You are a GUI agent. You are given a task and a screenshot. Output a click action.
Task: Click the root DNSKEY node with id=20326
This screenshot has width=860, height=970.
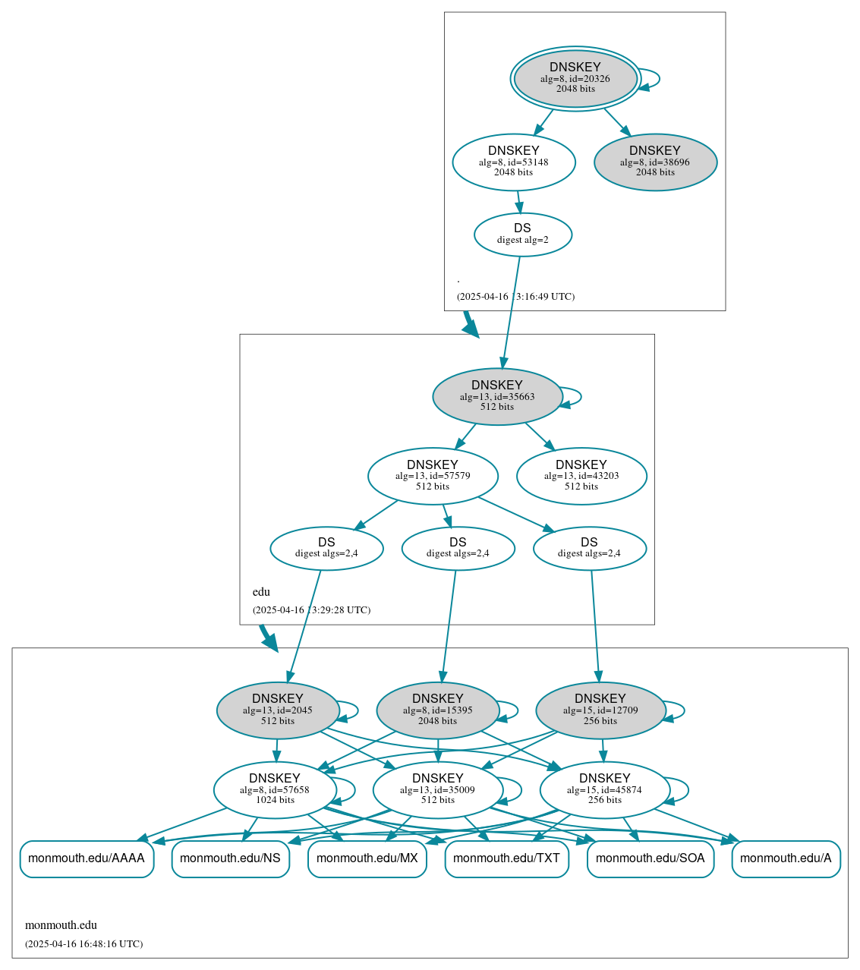[x=575, y=78]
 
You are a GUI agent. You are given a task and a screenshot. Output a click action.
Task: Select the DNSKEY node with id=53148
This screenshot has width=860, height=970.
[x=514, y=162]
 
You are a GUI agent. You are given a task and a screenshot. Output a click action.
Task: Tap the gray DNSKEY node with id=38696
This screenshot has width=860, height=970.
[x=655, y=162]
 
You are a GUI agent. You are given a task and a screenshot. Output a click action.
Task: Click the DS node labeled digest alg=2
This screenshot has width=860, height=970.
[x=523, y=234]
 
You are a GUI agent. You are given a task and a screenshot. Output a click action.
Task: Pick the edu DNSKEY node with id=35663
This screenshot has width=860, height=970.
[x=497, y=396]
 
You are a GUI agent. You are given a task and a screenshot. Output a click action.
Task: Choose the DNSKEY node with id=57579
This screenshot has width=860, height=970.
[x=433, y=476]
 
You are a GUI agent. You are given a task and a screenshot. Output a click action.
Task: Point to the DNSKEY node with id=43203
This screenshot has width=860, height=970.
[x=581, y=476]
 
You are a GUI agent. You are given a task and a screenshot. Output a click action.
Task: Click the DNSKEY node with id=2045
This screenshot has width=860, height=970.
[x=278, y=710]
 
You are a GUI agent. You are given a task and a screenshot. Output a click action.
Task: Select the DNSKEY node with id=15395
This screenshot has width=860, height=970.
[x=438, y=710]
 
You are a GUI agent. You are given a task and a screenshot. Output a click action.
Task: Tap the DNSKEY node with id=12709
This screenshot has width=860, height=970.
[x=600, y=710]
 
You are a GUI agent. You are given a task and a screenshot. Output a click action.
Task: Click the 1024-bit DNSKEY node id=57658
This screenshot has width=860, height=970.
[x=275, y=789]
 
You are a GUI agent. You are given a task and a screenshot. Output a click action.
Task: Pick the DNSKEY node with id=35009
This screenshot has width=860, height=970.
[x=438, y=789]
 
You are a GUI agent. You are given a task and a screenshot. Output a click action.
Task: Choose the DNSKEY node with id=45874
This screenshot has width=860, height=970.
[x=605, y=789]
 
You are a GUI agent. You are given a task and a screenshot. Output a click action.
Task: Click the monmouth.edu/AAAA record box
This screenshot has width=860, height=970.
[x=87, y=858]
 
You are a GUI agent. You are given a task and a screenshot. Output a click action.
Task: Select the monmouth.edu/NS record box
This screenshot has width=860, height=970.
[x=230, y=858]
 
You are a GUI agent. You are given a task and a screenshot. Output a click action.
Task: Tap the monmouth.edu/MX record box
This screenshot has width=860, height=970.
[x=367, y=858]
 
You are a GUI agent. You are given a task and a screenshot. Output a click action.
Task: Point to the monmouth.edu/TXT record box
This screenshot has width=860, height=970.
[x=506, y=858]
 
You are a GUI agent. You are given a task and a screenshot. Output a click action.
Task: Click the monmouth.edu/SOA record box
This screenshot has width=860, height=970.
[x=651, y=858]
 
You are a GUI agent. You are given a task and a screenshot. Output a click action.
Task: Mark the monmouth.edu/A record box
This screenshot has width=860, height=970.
[x=786, y=858]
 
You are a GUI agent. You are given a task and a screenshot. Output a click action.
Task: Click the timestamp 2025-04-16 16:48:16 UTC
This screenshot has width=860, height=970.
[x=83, y=944]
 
